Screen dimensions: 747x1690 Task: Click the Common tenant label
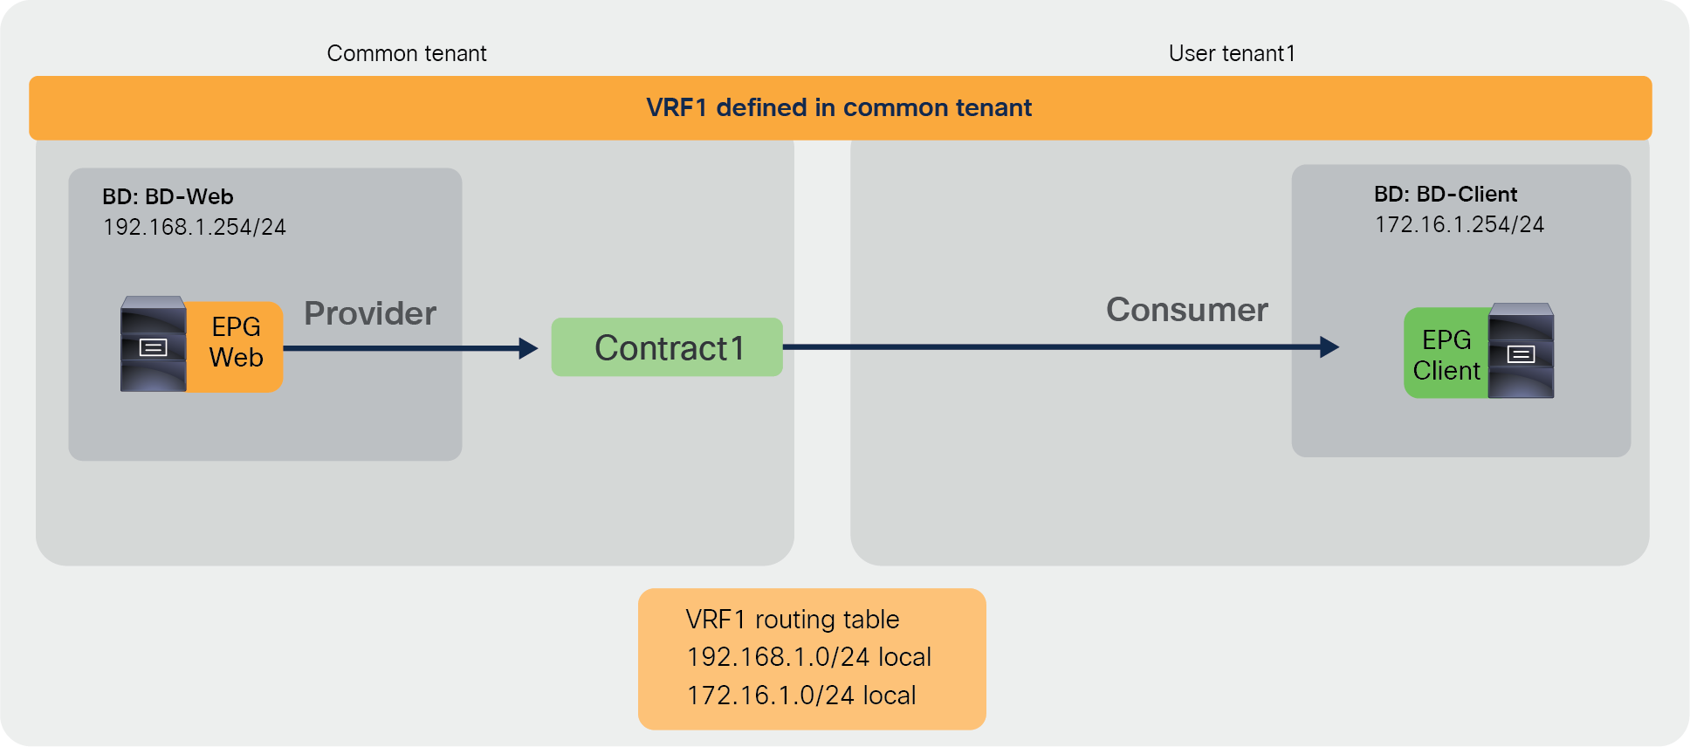coord(406,53)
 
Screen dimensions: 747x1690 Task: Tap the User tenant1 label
coord(1232,53)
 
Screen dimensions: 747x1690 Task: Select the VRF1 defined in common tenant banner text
coord(838,107)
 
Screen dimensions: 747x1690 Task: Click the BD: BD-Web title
coord(168,196)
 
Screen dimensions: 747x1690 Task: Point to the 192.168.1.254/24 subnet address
coord(194,227)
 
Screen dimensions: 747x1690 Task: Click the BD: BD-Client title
coord(1446,194)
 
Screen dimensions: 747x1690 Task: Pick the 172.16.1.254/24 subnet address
coord(1459,224)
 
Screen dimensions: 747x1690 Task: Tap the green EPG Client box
coord(1446,354)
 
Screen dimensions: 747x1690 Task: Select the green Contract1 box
coord(667,347)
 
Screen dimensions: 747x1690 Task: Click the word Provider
coord(370,313)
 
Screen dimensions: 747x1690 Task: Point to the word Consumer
coord(1186,310)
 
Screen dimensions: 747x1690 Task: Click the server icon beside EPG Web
coord(153,344)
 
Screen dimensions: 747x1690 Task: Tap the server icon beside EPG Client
coord(1521,351)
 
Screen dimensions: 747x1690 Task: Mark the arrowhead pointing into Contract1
coord(528,348)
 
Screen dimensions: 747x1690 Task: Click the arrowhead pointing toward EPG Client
coord(1329,347)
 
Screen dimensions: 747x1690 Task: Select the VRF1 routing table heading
coord(792,620)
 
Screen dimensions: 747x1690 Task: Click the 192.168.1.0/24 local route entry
coord(808,657)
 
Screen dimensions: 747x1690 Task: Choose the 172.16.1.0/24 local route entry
coord(800,696)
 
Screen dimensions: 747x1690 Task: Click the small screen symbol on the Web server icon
coord(153,348)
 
